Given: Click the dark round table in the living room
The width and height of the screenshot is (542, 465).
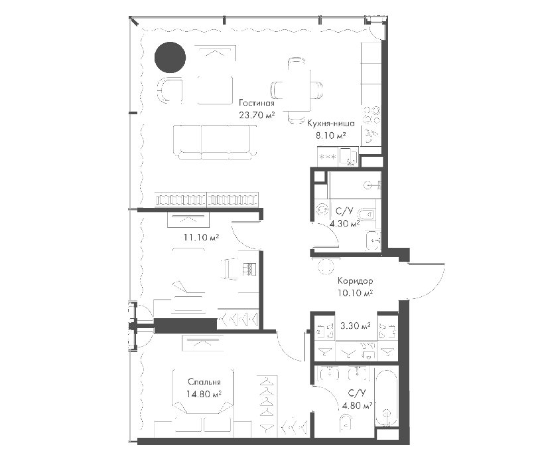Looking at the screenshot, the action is (x=170, y=57).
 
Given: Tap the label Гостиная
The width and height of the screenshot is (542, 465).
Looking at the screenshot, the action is (x=257, y=103).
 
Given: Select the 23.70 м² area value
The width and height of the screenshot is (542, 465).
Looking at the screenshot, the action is (x=257, y=115).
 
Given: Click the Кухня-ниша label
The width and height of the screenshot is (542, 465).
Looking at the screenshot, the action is (x=331, y=124).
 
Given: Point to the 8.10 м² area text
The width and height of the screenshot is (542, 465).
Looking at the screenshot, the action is (x=331, y=136).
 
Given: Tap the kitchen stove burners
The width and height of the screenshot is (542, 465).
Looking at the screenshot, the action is (x=372, y=116).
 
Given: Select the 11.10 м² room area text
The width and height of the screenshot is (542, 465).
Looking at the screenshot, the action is (x=201, y=238).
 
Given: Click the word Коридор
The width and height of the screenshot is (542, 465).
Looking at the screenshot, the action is (x=356, y=281).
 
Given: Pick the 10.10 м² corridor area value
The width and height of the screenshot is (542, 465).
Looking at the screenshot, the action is (x=356, y=293).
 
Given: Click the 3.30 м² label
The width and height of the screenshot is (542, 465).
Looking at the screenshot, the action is (x=356, y=325).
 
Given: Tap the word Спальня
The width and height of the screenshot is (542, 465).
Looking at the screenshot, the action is (x=204, y=382).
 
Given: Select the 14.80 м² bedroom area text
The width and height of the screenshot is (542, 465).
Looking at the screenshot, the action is (x=204, y=394).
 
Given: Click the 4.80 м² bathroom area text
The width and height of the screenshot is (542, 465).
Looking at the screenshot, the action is (x=357, y=405).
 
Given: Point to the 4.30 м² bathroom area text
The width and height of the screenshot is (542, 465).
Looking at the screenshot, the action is (x=344, y=224).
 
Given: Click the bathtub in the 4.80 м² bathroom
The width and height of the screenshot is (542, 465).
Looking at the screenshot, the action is (x=387, y=399).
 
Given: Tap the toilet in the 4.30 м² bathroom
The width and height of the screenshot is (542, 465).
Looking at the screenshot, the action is (x=366, y=215).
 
